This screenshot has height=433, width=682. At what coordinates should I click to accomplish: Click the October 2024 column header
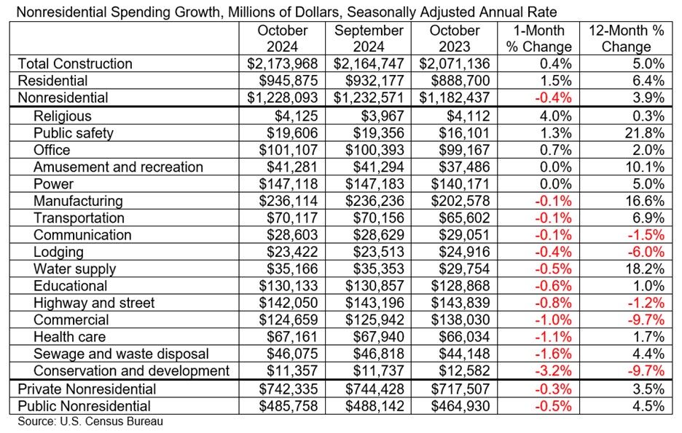283,39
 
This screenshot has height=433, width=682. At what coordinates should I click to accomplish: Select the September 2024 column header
368,39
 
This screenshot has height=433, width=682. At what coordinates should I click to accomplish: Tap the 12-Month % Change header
627,39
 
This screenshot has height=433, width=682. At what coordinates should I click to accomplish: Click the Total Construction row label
75,64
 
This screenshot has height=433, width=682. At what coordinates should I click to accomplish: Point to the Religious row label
63,116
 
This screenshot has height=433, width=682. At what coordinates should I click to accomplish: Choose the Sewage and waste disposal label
122,354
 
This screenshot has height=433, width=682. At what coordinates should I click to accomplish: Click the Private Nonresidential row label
87,389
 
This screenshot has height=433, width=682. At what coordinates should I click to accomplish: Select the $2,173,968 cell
283,64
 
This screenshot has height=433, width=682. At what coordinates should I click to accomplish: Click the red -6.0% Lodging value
646,252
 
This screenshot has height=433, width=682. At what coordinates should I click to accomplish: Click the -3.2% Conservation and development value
554,371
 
